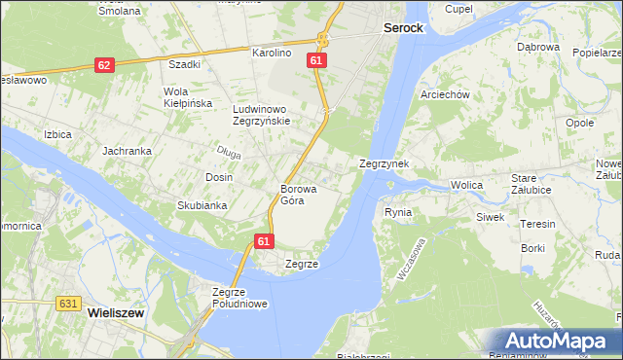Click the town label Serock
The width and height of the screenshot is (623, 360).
[x=402, y=29]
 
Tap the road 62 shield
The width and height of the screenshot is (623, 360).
[x=104, y=65]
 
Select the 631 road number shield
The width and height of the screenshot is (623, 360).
[x=66, y=304]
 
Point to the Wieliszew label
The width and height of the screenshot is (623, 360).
[x=116, y=314]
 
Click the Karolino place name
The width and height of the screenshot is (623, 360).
[x=272, y=53]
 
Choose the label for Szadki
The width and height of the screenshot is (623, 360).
[x=184, y=64]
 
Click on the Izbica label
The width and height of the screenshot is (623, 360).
[x=57, y=134]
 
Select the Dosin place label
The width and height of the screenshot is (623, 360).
[x=218, y=177]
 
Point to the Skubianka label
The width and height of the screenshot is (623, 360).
[x=202, y=205]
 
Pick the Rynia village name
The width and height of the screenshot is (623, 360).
[x=398, y=212]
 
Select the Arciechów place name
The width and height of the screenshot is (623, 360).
[x=445, y=94]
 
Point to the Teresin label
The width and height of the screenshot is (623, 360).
[x=537, y=224]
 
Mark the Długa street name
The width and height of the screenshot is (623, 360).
[x=229, y=151]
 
